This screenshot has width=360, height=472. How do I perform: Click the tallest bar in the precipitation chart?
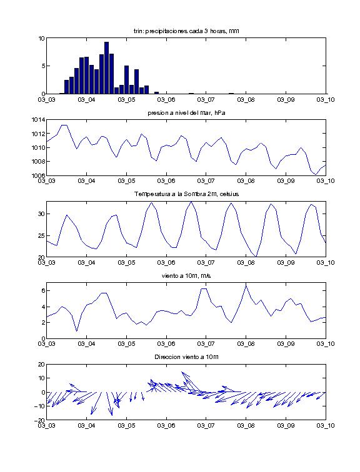(106, 67)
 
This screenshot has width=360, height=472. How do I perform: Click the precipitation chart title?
(186, 31)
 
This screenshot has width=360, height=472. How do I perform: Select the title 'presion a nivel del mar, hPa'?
(186, 113)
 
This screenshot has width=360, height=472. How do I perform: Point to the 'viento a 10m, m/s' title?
(186, 276)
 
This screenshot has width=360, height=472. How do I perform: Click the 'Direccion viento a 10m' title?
(186, 357)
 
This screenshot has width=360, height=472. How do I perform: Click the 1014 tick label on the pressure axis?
(38, 120)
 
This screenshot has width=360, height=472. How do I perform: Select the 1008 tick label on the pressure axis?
(38, 161)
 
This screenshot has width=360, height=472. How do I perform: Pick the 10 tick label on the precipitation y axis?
(41, 38)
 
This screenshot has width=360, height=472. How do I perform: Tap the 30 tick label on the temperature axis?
(41, 214)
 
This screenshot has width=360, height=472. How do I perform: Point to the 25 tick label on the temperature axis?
(41, 236)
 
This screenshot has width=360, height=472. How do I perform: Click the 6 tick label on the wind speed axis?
(43, 291)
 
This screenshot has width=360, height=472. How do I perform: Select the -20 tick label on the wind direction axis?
(40, 420)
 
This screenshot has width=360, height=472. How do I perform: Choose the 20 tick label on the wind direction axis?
(41, 365)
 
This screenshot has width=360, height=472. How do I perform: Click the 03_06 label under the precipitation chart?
(166, 100)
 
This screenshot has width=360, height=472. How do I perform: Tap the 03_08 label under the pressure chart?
(246, 181)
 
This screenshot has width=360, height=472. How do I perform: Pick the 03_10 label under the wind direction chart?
(326, 426)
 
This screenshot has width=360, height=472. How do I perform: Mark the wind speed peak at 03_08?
(246, 285)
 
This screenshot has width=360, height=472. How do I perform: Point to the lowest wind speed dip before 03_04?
(76, 331)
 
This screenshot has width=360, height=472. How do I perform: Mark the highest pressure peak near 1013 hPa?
(64, 125)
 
